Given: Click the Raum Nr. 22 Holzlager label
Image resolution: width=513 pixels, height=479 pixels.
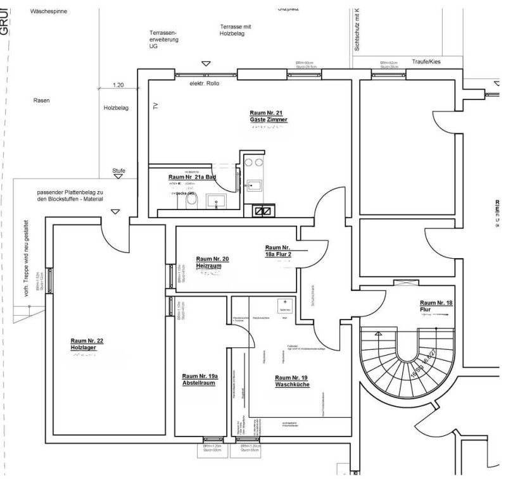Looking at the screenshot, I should coord(87,344).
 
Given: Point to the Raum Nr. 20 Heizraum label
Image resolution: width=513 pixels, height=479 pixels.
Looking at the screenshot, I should coord(213,263).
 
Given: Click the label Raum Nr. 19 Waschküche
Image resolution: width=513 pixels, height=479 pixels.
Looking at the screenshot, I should coord(292,381).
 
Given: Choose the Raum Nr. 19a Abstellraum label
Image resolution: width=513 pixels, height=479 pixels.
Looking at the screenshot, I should coord(199,379).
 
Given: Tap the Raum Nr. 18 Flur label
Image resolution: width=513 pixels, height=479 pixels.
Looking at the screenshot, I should coord(436,306).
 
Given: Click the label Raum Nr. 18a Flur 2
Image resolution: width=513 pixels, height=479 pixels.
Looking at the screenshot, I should coord(279,251).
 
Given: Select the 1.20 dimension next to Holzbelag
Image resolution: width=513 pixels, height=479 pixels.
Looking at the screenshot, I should coord(118,85).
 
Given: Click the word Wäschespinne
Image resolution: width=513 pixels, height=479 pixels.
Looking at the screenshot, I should coord(48,11).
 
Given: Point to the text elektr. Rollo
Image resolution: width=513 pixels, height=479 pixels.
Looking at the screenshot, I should coord(204,84).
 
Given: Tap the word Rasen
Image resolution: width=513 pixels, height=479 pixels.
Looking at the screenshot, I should coord(41,100).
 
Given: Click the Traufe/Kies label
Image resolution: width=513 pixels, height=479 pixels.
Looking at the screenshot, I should coord(426,61).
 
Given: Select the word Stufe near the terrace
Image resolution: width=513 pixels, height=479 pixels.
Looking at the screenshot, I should coord(118,171).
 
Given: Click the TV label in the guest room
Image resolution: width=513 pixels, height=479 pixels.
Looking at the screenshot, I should coord(154,107).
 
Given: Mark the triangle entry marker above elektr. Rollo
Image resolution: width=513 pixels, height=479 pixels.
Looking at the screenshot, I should coord(205,63).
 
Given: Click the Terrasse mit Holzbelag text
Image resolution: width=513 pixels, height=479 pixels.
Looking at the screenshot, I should coord(236,30).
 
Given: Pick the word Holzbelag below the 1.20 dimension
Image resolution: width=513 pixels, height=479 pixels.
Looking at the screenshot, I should coord(117,108).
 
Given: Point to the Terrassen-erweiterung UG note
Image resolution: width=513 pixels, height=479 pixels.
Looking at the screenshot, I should coord(164,39).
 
